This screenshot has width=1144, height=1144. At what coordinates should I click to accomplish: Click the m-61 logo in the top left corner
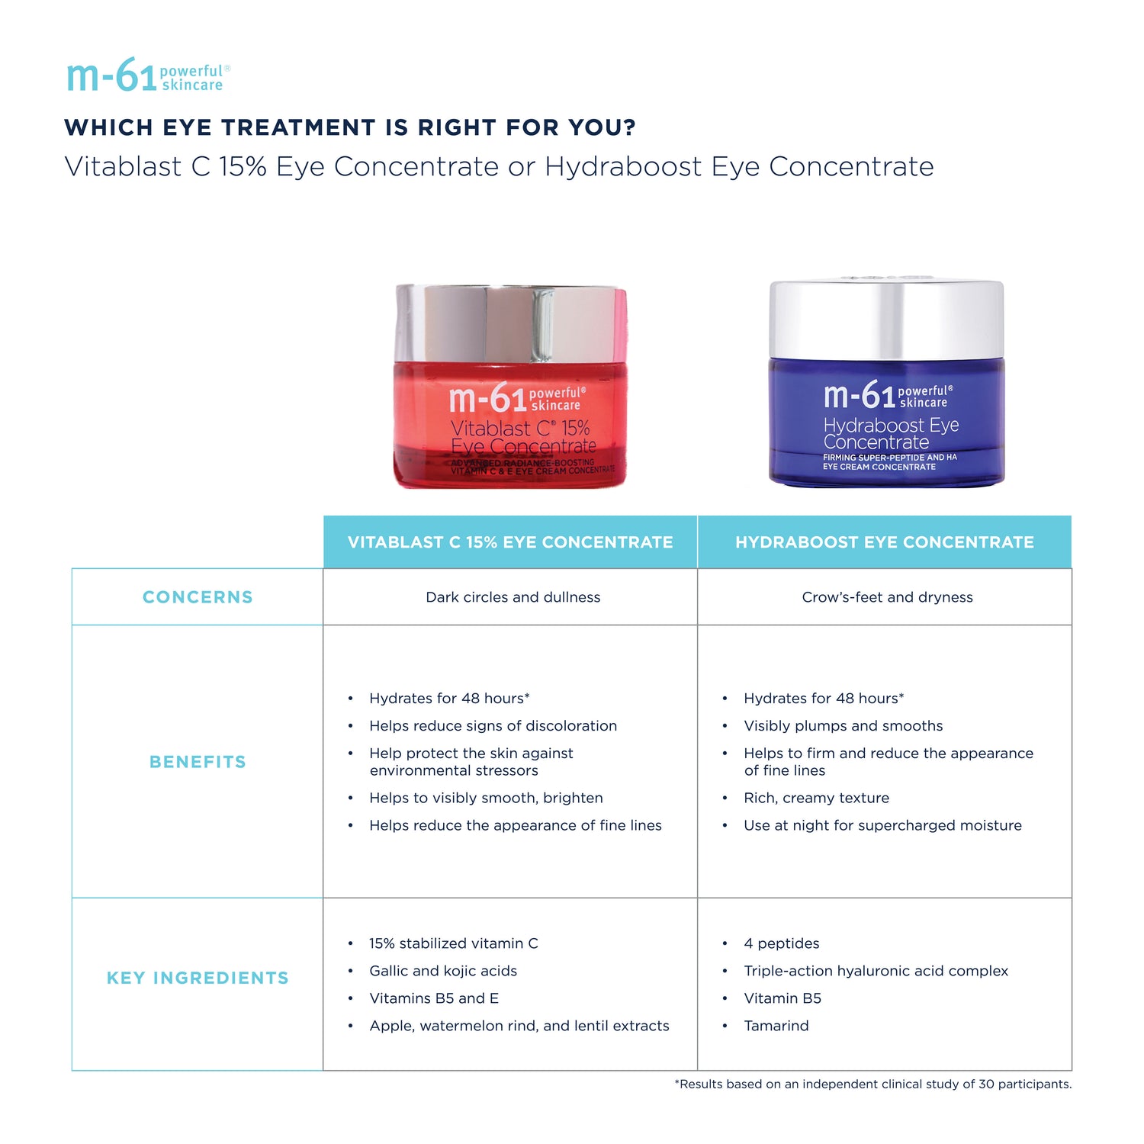coord(148,76)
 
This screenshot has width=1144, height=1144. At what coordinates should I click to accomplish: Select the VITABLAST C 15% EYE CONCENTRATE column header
coord(510,542)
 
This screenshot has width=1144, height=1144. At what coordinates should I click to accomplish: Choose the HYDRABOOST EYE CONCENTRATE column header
coord(885,542)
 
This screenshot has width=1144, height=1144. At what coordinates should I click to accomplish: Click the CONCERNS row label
coord(198,597)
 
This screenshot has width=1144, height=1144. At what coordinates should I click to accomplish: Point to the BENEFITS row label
coord(198,762)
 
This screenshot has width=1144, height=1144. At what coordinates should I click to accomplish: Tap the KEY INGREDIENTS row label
coord(198,978)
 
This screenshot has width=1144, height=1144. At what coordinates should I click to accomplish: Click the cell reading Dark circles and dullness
coord(513,597)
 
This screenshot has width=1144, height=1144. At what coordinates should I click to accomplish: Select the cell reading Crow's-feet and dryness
coord(887,597)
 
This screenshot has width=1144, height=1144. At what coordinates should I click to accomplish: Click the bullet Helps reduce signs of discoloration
coord(493,726)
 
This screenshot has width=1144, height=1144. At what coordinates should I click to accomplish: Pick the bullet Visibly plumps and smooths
coord(843,726)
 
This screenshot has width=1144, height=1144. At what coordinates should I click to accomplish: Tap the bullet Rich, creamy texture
coord(816,798)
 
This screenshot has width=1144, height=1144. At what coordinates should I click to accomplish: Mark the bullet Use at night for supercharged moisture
coord(882,825)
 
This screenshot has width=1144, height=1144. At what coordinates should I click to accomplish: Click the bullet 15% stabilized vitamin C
coord(453,943)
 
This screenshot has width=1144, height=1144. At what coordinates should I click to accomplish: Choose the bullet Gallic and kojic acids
coord(443,971)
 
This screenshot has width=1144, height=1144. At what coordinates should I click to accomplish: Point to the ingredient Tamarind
coord(776,1026)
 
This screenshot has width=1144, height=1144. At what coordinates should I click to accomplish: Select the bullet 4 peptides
coord(781,943)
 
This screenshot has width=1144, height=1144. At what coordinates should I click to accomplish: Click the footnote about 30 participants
coord(872,1084)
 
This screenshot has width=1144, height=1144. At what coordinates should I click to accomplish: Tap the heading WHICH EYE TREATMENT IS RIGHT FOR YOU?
coord(350,127)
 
